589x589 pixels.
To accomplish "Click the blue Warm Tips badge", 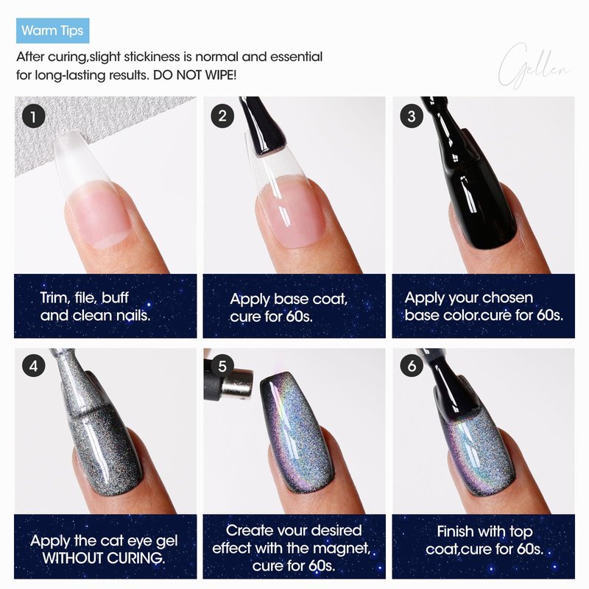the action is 52,30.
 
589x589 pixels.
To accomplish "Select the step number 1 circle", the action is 33,116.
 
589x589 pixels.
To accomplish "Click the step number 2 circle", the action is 222,116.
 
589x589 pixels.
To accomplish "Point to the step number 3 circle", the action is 412,116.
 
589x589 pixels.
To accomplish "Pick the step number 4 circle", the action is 33,365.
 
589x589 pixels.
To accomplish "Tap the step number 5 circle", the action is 222,365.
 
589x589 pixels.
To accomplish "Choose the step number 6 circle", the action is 412,365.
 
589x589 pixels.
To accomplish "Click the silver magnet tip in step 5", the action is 237,384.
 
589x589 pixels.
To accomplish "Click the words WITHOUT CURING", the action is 104,558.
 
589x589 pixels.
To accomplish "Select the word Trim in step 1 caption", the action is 55,298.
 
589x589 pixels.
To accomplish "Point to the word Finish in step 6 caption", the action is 455,532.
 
